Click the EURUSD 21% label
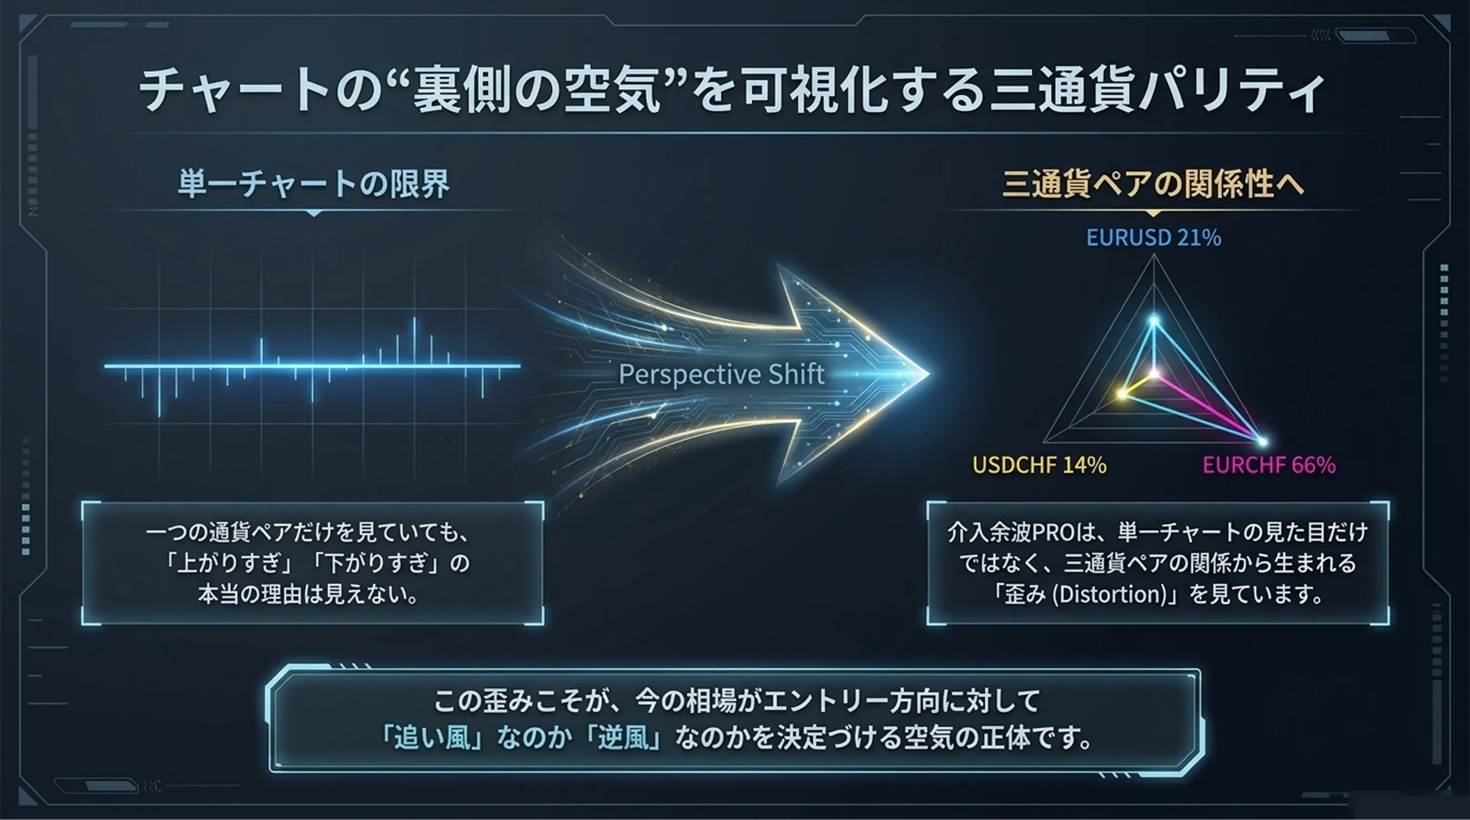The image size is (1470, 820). pyautogui.click(x=1153, y=237)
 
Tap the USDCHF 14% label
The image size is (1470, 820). pyautogui.click(x=1039, y=465)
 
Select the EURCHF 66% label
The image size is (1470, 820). pyautogui.click(x=1269, y=465)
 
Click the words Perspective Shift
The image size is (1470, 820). pyautogui.click(x=721, y=374)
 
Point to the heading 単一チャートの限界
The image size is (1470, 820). pyautogui.click(x=314, y=184)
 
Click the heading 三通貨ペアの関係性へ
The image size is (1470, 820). pyautogui.click(x=1153, y=184)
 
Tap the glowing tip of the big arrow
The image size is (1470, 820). pyautogui.click(x=928, y=374)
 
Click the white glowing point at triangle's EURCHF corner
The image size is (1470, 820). pyautogui.click(x=1262, y=442)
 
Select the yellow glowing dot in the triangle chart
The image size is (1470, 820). pyautogui.click(x=1122, y=393)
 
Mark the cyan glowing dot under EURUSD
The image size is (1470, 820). pyautogui.click(x=1154, y=321)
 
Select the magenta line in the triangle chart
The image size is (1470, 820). pyautogui.click(x=1208, y=407)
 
